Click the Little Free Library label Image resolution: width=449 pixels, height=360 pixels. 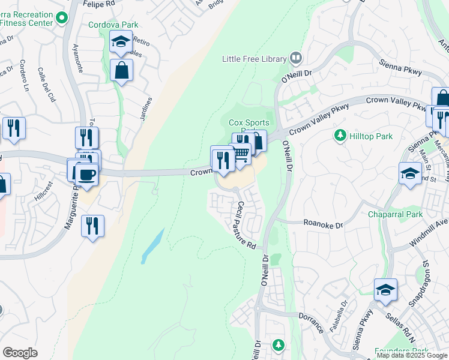(253, 58)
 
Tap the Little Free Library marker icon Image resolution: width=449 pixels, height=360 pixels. (295, 58)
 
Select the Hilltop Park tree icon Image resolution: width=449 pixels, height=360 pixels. (340, 136)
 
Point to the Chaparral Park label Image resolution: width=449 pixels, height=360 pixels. (396, 214)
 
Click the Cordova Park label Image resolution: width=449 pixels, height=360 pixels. (113, 25)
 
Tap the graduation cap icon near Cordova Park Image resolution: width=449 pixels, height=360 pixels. (121, 43)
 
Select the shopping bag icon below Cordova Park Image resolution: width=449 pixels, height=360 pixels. (121, 71)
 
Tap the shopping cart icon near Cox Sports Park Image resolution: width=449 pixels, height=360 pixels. (241, 154)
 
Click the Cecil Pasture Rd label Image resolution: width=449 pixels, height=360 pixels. (246, 225)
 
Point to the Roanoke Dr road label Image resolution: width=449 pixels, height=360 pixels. (322, 225)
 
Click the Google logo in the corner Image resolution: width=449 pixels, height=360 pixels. (20, 353)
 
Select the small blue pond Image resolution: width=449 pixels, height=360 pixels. (152, 245)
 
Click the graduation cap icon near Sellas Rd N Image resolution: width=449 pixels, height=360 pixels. (385, 291)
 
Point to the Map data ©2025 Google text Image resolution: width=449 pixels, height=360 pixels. (412, 355)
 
